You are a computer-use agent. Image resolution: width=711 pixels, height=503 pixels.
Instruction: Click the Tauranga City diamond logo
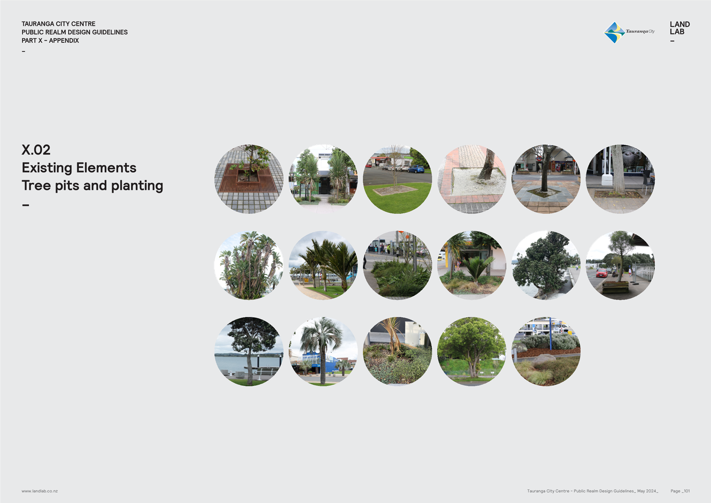pyautogui.click(x=614, y=32)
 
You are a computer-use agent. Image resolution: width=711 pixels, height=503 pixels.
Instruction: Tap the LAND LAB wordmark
pyautogui.click(x=679, y=28)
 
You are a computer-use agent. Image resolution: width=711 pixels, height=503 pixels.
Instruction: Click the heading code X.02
pyautogui.click(x=36, y=150)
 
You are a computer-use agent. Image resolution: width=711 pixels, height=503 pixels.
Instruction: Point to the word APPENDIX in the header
pyautogui.click(x=64, y=40)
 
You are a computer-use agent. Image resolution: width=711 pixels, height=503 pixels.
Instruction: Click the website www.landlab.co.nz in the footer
pyautogui.click(x=40, y=491)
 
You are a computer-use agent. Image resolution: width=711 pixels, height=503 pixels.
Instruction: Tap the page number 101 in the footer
pyautogui.click(x=687, y=491)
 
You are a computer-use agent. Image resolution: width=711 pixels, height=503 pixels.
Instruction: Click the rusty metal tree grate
pyautogui.click(x=248, y=179)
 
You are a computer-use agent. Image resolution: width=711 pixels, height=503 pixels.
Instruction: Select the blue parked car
pyautogui.click(x=416, y=169)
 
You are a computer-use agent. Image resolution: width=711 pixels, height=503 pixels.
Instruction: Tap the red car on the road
pyautogui.click(x=602, y=273)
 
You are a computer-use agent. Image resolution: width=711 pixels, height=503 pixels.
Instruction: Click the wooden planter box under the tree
pyautogui.click(x=615, y=287)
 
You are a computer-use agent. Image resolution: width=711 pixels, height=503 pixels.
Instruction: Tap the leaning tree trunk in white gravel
pyautogui.click(x=487, y=164)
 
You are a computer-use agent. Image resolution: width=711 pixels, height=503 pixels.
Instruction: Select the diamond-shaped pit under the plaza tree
pyautogui.click(x=544, y=192)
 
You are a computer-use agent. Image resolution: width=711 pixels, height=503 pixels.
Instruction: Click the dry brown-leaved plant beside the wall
pyautogui.click(x=393, y=337)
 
